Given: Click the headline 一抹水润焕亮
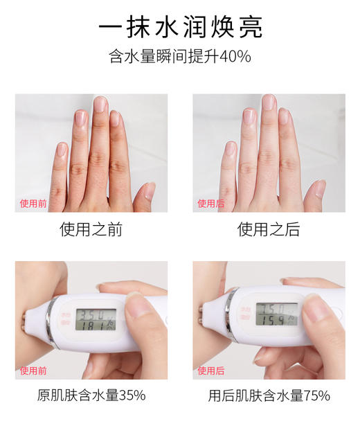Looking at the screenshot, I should click(180, 27).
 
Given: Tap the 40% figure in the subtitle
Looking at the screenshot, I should click(235, 57).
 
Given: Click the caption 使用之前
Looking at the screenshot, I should click(91, 229).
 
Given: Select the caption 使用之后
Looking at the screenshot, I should click(269, 229).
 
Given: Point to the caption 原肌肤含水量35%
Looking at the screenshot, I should click(91, 396).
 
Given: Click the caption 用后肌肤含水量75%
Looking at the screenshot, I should click(269, 396).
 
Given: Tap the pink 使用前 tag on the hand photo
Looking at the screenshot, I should click(33, 204).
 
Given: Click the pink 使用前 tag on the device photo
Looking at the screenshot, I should click(33, 371).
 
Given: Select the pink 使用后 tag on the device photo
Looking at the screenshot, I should click(210, 371).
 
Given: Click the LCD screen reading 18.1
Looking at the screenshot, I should click(96, 321).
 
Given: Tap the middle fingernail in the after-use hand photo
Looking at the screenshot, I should click(269, 103).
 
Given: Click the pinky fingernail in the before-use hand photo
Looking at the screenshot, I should click(62, 150).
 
